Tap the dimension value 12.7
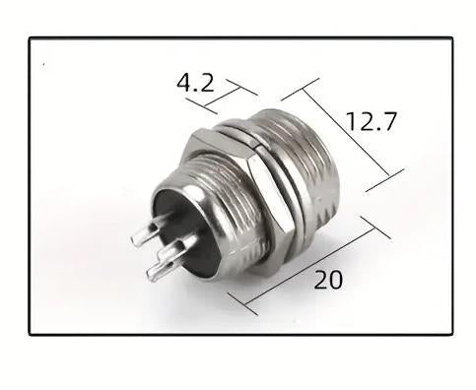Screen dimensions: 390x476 (x=372, y=122)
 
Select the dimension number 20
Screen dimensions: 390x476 (x=328, y=280)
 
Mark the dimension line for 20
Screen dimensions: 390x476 (x=306, y=265)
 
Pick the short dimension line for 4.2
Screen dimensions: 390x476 (x=224, y=97)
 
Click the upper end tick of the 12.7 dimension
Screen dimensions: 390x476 (x=301, y=91)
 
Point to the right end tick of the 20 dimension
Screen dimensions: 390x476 (x=374, y=227)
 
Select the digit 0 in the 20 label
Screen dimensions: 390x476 (x=336, y=280)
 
